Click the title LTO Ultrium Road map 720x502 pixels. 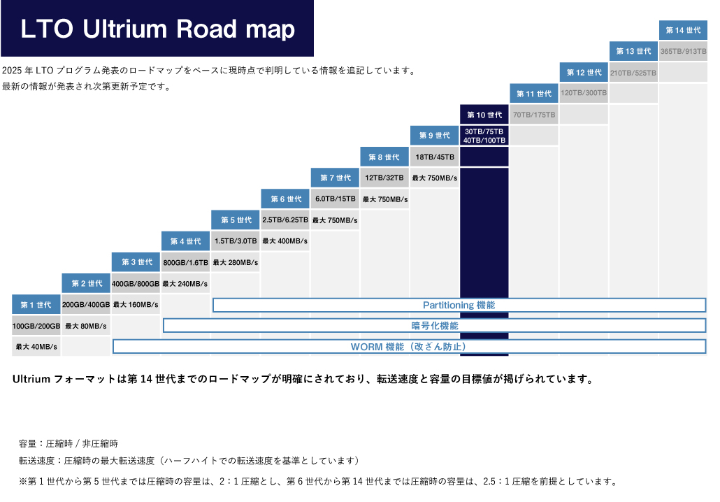(x=157, y=29)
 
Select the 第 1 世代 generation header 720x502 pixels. (x=36, y=305)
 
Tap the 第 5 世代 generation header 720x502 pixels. (x=236, y=220)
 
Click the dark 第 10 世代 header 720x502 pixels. (x=484, y=115)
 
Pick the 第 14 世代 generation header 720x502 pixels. (x=683, y=30)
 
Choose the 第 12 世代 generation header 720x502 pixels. (x=584, y=73)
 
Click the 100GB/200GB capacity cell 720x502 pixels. (x=36, y=326)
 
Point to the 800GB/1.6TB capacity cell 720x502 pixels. (x=185, y=262)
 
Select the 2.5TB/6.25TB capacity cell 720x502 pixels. (x=285, y=220)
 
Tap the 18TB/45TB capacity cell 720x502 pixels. (x=435, y=157)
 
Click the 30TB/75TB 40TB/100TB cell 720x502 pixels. (x=484, y=136)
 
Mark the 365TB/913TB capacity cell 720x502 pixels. (x=683, y=51)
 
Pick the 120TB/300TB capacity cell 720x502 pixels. (x=584, y=93)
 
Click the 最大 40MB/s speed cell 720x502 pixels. (x=36, y=347)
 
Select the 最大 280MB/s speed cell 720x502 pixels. (x=236, y=262)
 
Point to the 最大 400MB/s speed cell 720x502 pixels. (x=285, y=241)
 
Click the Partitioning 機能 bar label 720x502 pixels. (x=459, y=306)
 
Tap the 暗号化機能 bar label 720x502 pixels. (x=434, y=326)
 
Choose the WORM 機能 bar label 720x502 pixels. (x=408, y=347)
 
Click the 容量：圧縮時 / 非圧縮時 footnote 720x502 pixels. (x=69, y=443)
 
